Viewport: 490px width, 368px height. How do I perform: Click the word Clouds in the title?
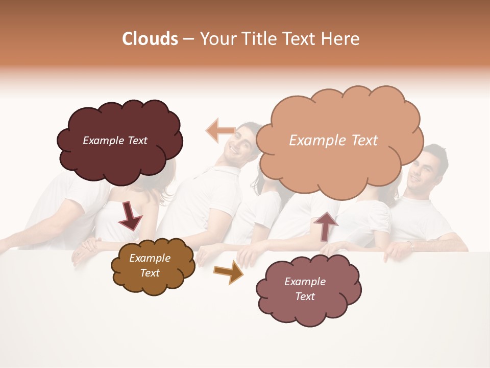[150, 39]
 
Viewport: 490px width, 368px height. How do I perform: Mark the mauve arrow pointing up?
[326, 225]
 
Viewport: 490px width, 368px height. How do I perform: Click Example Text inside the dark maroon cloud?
[115, 141]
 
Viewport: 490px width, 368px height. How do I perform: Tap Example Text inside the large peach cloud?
[333, 141]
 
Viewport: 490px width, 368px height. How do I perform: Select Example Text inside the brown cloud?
[150, 266]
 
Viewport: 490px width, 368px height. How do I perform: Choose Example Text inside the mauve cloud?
[305, 289]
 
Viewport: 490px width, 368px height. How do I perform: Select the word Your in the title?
[214, 39]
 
